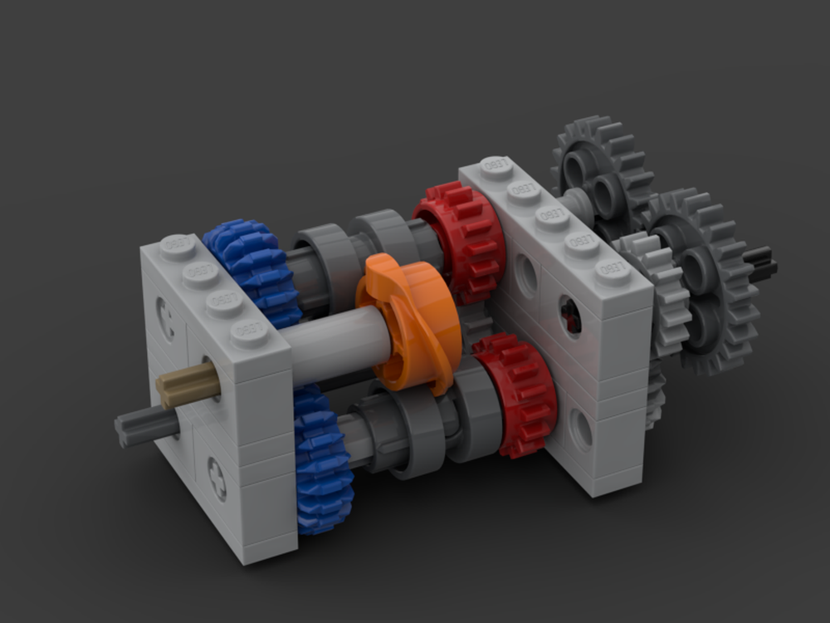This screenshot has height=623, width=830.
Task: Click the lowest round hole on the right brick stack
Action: [x=582, y=429]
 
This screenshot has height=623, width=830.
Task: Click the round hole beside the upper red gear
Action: [x=525, y=277]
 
